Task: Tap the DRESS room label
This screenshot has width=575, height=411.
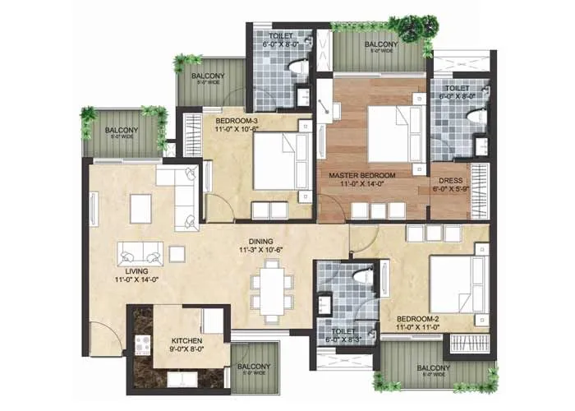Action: tap(452, 182)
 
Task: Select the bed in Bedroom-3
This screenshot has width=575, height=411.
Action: tap(279, 160)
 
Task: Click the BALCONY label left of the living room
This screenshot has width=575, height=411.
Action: tap(121, 130)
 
